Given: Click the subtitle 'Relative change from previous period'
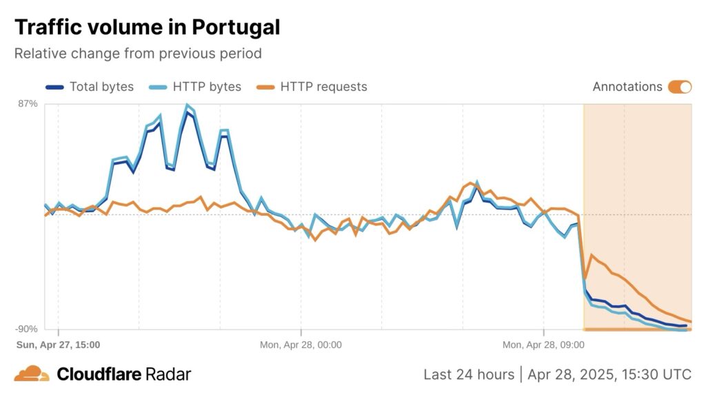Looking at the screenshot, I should point(138,53).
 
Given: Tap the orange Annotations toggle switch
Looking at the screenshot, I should point(679,87).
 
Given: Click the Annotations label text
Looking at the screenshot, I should point(627,87).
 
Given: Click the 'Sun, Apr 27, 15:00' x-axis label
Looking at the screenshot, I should point(58,344).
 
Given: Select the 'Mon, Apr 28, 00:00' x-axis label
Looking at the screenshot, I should point(301,344).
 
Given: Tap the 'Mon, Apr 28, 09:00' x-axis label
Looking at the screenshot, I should point(543,344).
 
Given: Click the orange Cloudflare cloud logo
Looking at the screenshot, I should point(32,374).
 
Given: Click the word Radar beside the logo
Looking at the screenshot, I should point(168,374).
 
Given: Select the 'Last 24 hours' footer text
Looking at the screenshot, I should point(468,374).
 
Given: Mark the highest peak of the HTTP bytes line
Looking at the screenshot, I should point(187,105).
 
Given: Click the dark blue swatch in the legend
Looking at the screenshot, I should point(54,87).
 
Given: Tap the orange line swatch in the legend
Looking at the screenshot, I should point(265,87).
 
